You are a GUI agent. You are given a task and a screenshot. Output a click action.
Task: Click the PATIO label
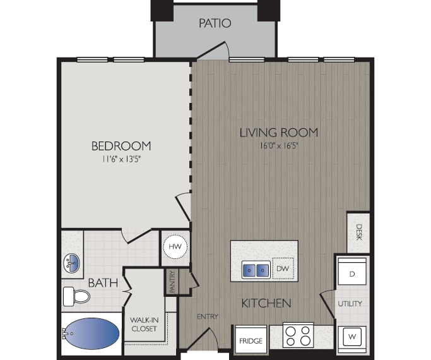click(215, 23)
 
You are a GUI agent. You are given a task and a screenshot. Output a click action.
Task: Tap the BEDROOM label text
click(121, 146)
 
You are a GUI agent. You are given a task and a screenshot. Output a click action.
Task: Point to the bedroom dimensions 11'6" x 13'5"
click(121, 160)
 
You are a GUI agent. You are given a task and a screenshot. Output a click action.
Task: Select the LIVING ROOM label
click(278, 133)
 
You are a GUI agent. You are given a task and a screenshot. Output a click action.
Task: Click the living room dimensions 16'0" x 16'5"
click(278, 145)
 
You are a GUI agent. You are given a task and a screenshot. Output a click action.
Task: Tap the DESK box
click(358, 232)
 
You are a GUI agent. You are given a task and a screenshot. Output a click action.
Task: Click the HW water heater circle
click(175, 245)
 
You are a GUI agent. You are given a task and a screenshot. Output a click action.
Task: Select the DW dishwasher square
click(283, 268)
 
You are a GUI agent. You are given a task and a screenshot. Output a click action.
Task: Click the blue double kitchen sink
click(256, 270)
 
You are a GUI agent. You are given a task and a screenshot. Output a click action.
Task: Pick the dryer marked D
click(351, 273)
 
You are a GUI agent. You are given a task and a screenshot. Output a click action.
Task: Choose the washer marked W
click(351, 336)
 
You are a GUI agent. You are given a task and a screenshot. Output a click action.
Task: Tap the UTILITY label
click(350, 304)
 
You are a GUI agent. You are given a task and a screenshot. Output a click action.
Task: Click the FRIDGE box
click(250, 342)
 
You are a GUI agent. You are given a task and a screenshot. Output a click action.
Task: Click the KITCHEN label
click(266, 303)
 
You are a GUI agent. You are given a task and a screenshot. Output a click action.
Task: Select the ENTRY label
click(207, 316)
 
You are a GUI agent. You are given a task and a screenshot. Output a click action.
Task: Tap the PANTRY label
click(172, 282)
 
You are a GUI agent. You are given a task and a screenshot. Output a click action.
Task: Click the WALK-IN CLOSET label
click(144, 324)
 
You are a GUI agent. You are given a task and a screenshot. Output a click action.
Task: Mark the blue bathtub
click(92, 333)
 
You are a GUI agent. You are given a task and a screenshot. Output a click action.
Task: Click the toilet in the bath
click(76, 296)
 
